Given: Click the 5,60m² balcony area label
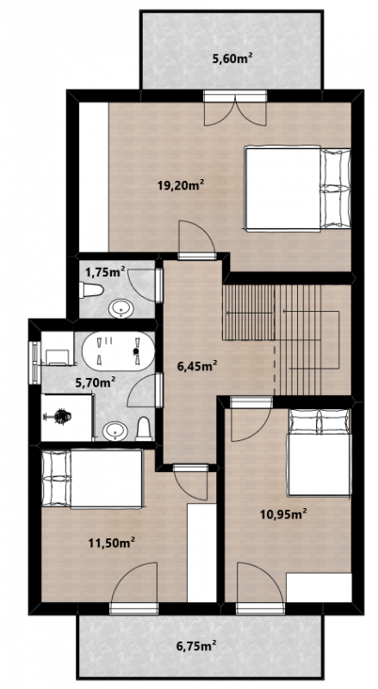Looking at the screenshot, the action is click(x=232, y=59).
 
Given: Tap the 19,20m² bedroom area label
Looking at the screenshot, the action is click(x=181, y=185).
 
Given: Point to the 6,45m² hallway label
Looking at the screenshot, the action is click(x=197, y=365).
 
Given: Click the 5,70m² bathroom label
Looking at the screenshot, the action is click(x=96, y=382).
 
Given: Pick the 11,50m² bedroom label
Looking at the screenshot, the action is click(x=111, y=543).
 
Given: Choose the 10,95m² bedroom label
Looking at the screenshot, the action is click(x=283, y=513).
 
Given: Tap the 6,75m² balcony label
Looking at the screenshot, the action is click(x=196, y=646).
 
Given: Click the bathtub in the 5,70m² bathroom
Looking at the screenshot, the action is click(x=118, y=351).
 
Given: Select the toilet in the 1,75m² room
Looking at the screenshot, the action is click(x=91, y=290).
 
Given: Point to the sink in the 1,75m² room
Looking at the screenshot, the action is click(x=121, y=309).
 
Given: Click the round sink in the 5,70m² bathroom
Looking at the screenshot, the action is click(x=115, y=431).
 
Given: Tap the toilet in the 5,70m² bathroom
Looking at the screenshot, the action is click(x=144, y=429).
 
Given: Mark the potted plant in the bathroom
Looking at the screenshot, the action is click(x=62, y=416).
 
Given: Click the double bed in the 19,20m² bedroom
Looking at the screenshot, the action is click(x=298, y=189).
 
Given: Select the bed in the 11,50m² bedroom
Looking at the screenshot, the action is click(x=92, y=479).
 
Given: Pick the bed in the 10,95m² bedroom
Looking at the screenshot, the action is click(x=319, y=453).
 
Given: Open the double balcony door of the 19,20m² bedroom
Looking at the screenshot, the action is click(x=235, y=108).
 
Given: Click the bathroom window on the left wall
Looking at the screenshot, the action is click(x=34, y=363).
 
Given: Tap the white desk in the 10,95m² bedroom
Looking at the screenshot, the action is click(x=319, y=587).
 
